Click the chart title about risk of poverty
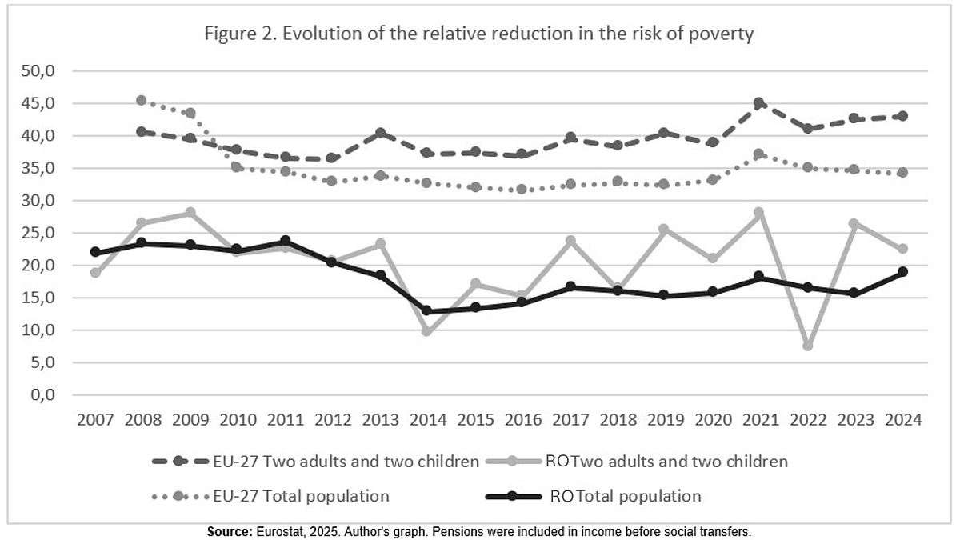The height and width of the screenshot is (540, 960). click(x=479, y=34)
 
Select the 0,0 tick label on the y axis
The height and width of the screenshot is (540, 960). click(x=40, y=395)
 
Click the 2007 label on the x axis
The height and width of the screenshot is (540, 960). click(x=95, y=420)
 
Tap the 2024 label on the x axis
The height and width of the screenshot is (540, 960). click(x=902, y=420)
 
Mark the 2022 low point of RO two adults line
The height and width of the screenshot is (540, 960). click(x=808, y=346)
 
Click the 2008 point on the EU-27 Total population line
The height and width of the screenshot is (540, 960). click(x=142, y=101)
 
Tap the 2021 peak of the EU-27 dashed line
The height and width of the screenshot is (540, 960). click(x=760, y=103)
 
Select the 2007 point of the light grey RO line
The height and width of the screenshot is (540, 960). click(x=95, y=273)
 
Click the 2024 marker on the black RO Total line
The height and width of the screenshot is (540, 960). click(x=902, y=272)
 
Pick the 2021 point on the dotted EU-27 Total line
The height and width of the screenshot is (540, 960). click(x=760, y=154)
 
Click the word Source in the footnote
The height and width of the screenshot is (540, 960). click(x=229, y=531)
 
